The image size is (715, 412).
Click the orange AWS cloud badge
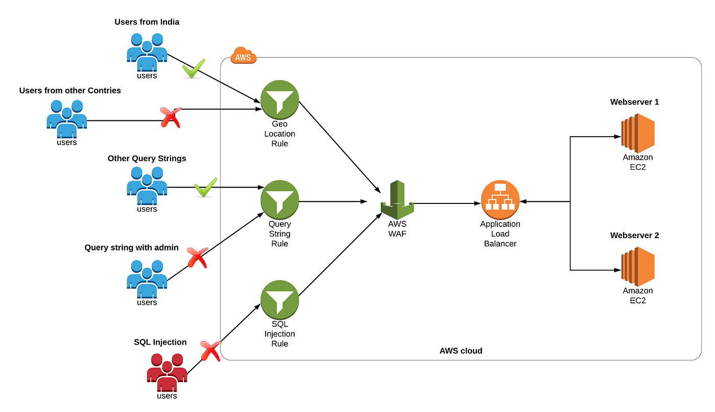243,55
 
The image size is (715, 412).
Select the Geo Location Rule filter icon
280,100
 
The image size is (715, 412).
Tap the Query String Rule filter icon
280,200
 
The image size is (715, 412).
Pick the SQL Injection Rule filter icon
280,300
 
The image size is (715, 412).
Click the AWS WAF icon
397,200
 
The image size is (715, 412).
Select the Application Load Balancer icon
500,200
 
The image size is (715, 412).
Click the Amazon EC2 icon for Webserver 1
638,133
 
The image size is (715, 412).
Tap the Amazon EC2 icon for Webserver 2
638,267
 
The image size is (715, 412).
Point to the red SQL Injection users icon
167,372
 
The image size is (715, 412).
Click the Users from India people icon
147,52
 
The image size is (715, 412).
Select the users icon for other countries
67,119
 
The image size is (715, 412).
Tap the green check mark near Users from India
194,68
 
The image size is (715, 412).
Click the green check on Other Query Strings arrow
205,187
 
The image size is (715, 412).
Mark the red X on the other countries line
171,117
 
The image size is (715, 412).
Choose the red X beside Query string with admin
198,257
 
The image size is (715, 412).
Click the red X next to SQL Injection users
210,351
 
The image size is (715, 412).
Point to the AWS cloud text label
461,350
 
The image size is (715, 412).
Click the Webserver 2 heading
634,235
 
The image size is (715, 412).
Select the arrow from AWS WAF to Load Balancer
447,203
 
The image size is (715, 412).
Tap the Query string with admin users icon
147,279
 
